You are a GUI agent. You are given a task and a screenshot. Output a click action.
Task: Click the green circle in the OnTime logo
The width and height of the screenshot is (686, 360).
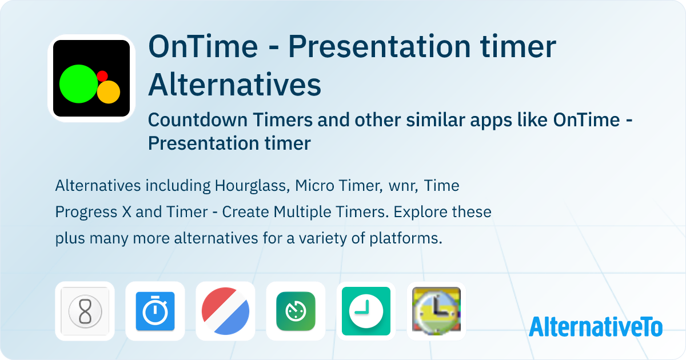(78, 84)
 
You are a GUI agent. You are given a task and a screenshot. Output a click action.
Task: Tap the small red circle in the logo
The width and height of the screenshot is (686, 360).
(102, 75)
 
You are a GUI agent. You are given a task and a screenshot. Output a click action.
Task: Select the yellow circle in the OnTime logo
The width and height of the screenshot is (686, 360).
(109, 92)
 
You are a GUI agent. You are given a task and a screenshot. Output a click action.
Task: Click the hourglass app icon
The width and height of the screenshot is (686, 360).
(85, 311)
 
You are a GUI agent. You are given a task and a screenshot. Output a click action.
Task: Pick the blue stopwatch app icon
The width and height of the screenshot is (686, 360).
(155, 311)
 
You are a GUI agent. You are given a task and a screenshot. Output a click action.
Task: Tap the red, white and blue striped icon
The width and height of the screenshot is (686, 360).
(225, 311)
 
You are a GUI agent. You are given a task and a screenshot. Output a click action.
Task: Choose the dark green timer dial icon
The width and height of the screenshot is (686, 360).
(296, 311)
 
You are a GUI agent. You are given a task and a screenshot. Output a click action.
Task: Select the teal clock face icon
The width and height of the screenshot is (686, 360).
(366, 311)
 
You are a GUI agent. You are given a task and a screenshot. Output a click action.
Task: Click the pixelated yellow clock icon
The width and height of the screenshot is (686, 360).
(436, 311)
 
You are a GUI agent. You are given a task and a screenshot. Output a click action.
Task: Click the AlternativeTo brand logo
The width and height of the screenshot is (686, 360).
(595, 326)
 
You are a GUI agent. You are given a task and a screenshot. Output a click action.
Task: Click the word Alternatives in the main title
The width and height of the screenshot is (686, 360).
(234, 85)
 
